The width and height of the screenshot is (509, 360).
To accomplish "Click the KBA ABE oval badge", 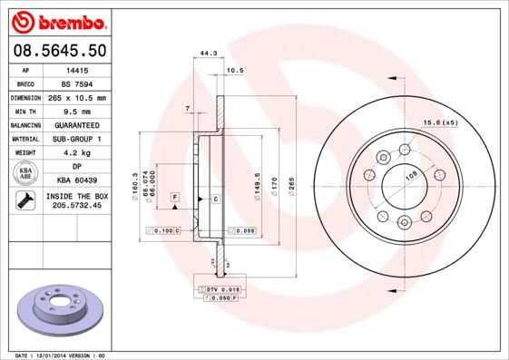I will (26, 174).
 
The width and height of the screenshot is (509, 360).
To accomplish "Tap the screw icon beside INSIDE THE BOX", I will (26, 201).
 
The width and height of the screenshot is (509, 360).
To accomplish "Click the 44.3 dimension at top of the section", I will (207, 54).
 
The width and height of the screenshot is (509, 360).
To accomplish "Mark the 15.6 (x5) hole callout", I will (439, 122).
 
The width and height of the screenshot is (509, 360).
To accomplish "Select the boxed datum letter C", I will (216, 198).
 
